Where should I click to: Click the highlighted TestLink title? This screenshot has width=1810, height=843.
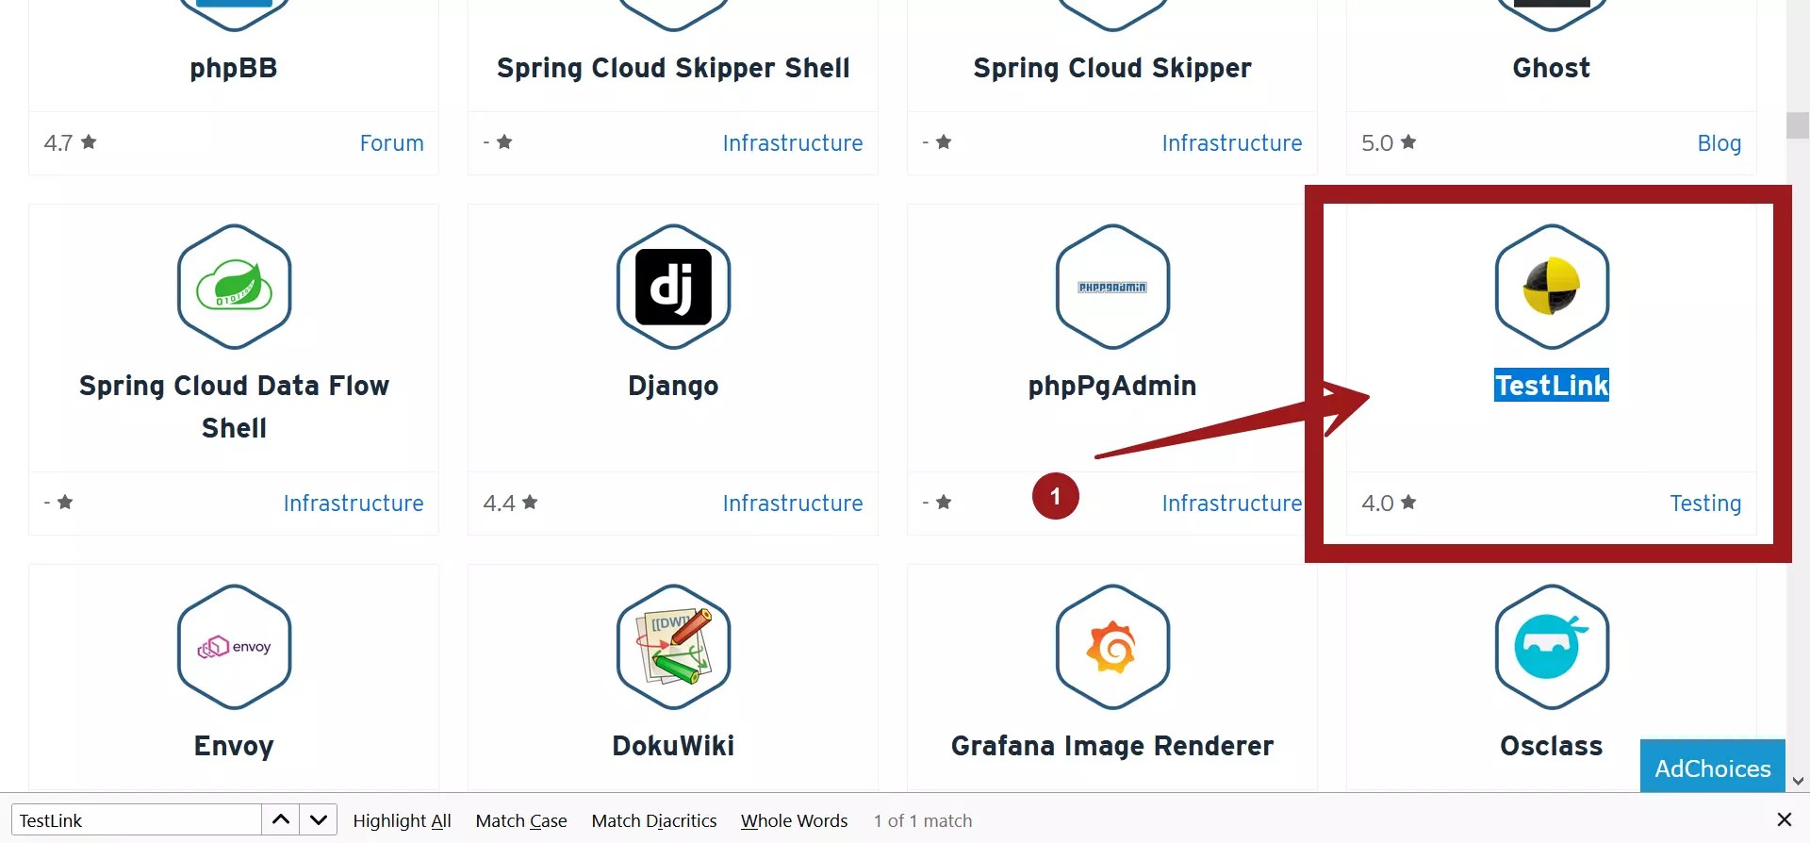click(1551, 385)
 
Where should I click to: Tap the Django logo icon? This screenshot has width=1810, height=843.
click(673, 287)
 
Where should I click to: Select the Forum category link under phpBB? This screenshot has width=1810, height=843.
click(391, 143)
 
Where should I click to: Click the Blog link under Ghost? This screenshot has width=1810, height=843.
click(1719, 143)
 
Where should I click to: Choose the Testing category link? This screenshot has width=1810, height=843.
click(1704, 504)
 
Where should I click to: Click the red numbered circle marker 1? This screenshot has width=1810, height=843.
click(1055, 496)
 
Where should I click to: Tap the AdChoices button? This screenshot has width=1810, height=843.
click(1712, 768)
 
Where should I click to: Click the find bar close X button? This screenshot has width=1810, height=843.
click(1784, 819)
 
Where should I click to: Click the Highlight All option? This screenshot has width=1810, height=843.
click(402, 820)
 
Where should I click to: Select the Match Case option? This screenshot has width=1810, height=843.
click(520, 820)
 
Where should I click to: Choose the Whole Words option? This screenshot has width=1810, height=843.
click(794, 820)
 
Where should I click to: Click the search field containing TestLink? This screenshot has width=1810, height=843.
click(137, 820)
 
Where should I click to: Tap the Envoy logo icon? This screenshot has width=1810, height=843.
click(234, 647)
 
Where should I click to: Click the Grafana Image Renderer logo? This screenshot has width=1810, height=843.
click(1112, 647)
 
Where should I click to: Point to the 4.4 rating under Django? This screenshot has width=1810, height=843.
click(509, 504)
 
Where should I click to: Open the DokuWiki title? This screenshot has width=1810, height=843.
click(673, 746)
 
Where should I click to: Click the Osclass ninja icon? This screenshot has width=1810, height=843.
click(1551, 647)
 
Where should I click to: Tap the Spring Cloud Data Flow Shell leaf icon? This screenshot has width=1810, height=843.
click(234, 287)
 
